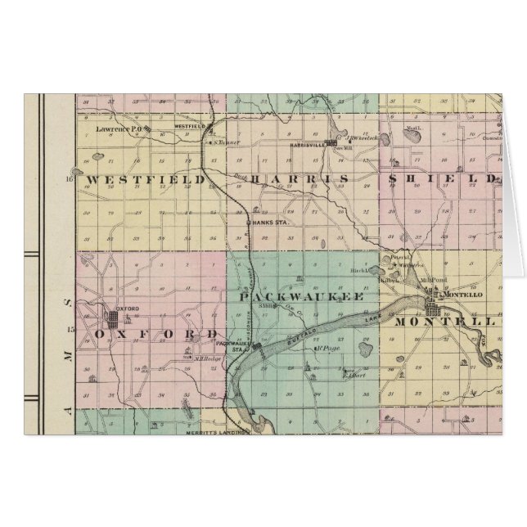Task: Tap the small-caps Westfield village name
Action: pos(188,126)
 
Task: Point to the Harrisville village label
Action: pos(307,144)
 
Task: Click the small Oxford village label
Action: pos(124,309)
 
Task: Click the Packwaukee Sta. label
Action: pos(236,347)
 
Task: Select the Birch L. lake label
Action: pos(386,268)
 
